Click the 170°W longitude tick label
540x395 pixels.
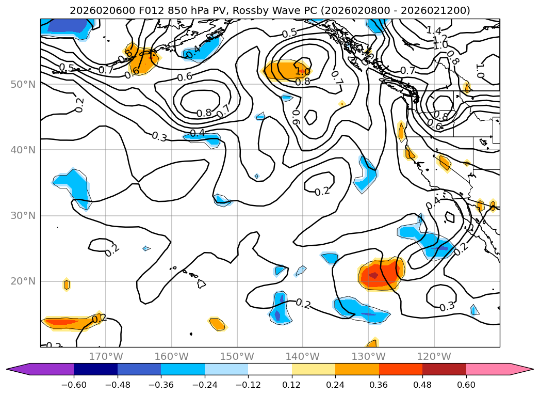coord(106,356)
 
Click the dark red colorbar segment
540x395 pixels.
coord(444,369)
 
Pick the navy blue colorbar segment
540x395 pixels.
coord(95,369)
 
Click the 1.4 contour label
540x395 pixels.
coord(434,31)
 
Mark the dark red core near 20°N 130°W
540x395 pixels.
coord(373,275)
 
